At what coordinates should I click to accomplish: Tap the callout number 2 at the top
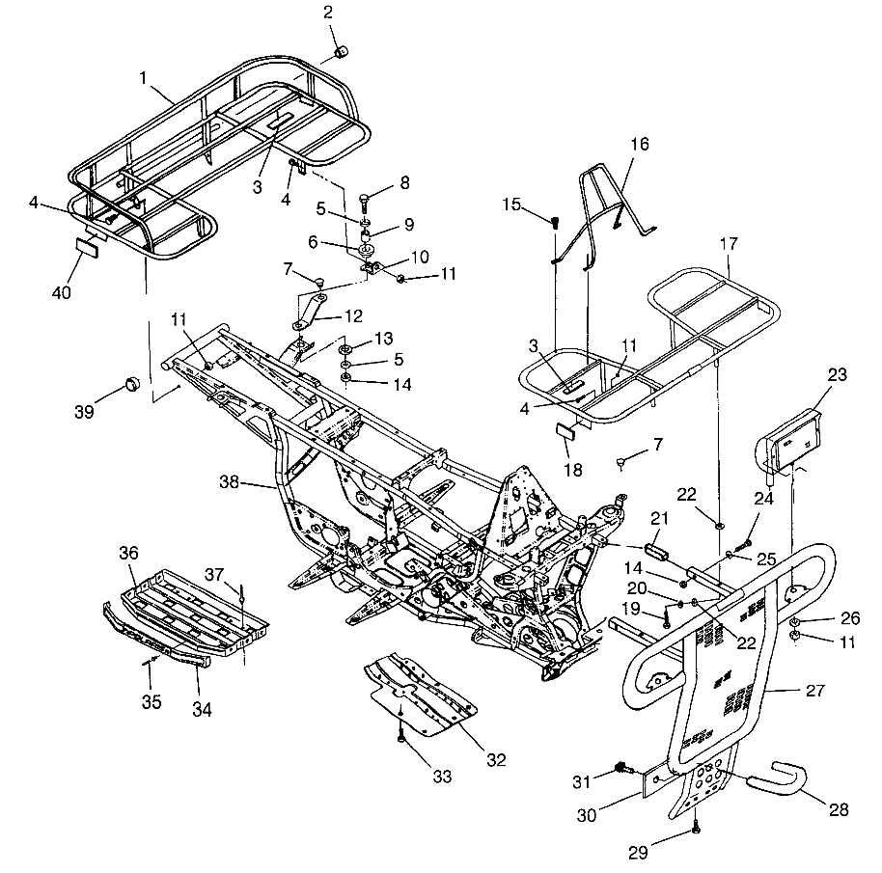tap(327, 13)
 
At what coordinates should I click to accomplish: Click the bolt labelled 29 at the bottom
tap(696, 827)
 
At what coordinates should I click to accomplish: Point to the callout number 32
tap(496, 759)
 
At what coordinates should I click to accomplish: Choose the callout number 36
tap(129, 553)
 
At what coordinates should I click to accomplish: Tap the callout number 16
tap(639, 145)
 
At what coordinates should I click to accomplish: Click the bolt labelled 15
tap(555, 221)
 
